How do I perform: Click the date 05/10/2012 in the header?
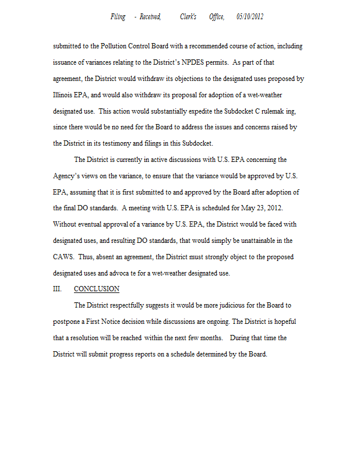250,17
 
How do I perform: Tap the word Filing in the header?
118,17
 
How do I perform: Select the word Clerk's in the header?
189,17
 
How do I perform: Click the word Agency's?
66,175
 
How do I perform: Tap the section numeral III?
58,289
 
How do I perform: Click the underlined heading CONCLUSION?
97,289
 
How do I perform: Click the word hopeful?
285,322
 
